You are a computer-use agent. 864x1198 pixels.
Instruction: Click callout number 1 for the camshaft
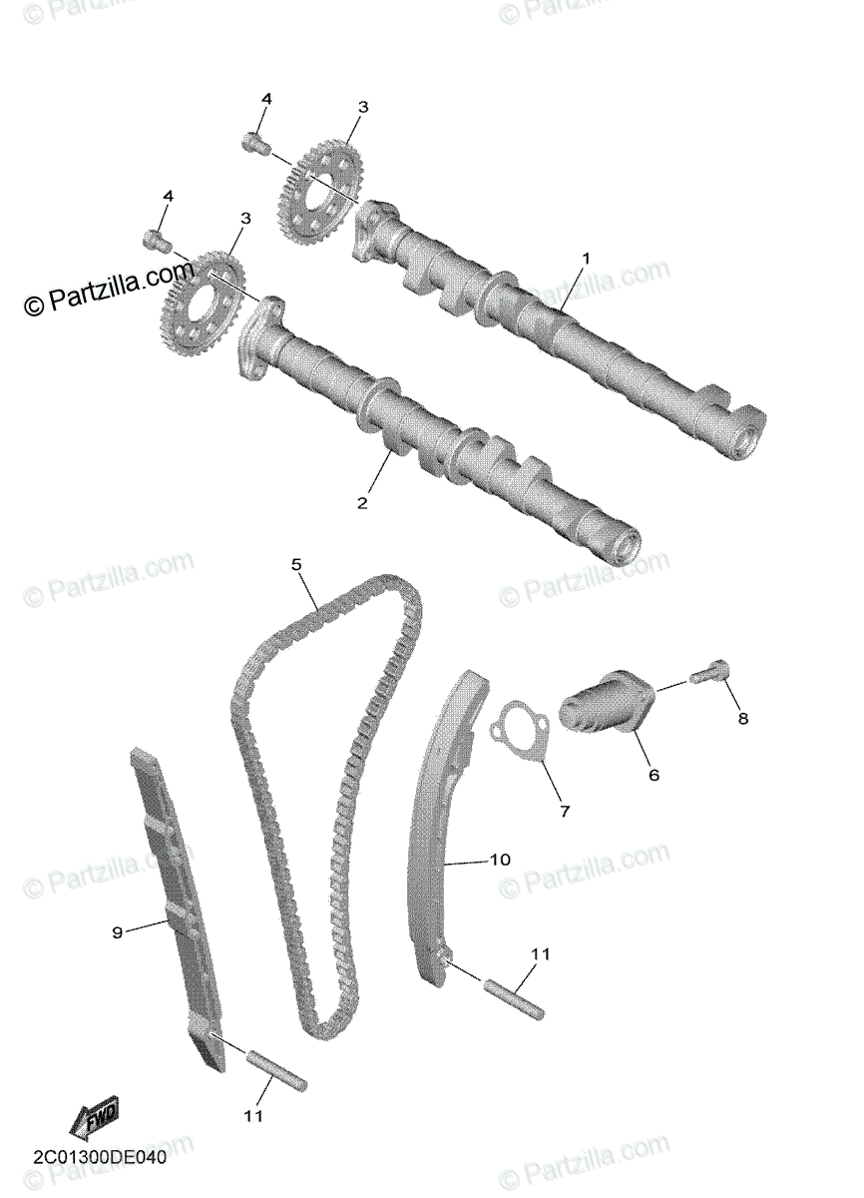click(587, 259)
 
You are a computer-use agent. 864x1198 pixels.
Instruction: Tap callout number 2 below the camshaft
click(362, 503)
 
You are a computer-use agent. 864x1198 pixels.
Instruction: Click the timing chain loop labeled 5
click(329, 799)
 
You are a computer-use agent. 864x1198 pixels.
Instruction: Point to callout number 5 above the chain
click(296, 565)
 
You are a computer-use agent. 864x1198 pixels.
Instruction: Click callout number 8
click(741, 718)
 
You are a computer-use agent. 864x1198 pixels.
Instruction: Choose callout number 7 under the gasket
click(564, 812)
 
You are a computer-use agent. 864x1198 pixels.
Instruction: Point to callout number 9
click(117, 932)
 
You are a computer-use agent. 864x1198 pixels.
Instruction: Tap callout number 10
click(499, 859)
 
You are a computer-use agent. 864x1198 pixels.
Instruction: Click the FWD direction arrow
click(94, 1119)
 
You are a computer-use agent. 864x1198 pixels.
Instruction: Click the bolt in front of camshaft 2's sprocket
click(155, 240)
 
